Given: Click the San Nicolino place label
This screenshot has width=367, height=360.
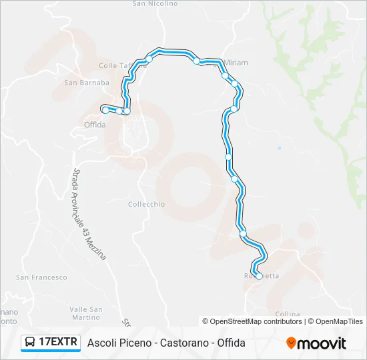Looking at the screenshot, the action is (155, 3).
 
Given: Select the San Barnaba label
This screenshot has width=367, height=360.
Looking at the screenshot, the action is (86, 83).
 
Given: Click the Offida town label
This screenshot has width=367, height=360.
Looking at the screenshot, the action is (95, 125).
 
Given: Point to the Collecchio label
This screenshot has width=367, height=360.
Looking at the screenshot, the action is (146, 204).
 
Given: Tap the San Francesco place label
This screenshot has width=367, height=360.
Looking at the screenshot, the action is (41, 277).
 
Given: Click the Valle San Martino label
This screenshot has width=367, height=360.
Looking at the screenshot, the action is (86, 313).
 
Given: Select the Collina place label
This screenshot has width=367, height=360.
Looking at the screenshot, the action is (288, 314).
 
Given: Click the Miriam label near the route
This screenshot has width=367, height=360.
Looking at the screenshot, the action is (236, 63).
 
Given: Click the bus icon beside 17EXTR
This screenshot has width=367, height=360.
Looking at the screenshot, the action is (30, 343).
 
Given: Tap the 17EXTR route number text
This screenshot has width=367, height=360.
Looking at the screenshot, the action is (59, 343).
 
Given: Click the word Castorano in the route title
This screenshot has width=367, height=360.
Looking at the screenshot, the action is (183, 343).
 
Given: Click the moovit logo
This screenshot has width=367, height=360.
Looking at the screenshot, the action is (316, 343).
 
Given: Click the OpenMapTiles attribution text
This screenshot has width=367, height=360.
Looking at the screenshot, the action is (339, 321).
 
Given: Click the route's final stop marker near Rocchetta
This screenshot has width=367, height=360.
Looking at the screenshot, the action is (260, 276).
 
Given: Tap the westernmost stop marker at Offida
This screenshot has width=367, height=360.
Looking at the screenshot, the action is (105, 109).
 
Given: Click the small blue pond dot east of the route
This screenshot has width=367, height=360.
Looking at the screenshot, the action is (279, 147).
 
